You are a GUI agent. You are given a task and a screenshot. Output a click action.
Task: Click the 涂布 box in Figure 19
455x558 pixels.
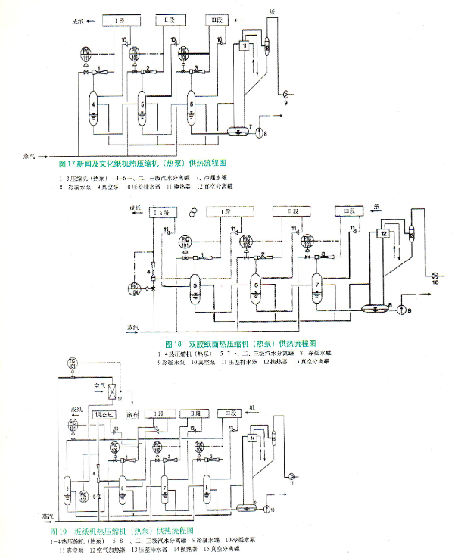click(x=132, y=415)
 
